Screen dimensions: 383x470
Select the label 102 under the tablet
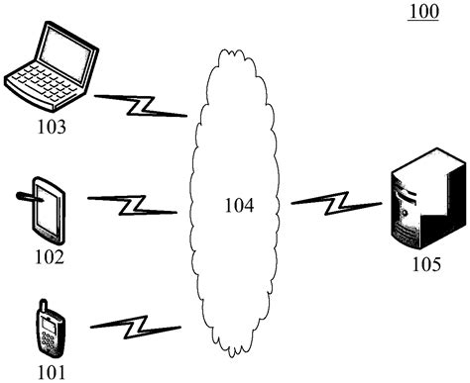(49, 258)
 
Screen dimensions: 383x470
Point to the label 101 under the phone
(50, 371)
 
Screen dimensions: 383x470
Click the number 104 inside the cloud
(238, 206)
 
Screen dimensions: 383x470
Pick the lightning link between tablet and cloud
(132, 205)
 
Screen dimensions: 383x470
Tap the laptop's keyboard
(40, 83)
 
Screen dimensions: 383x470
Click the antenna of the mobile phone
(40, 302)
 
